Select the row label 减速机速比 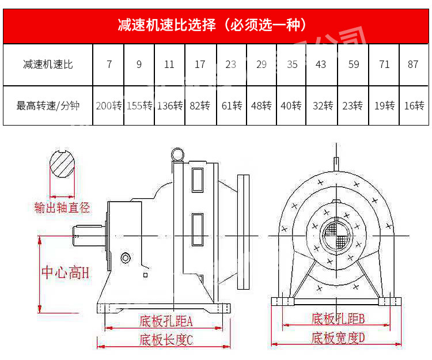coord(48,65)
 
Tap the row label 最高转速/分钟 coord(48,106)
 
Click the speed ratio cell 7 coord(109,65)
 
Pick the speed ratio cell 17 coord(200,65)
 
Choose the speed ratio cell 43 coord(321,65)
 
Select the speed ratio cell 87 coord(413,65)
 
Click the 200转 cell coord(109,106)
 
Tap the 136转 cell coord(169,106)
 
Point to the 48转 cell coord(261,106)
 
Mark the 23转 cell coord(352,106)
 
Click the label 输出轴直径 coord(62,207)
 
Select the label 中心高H coord(65,272)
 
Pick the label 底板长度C coord(166,339)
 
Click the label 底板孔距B coord(339,319)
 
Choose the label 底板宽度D coord(339,338)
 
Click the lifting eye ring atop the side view coord(178,154)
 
